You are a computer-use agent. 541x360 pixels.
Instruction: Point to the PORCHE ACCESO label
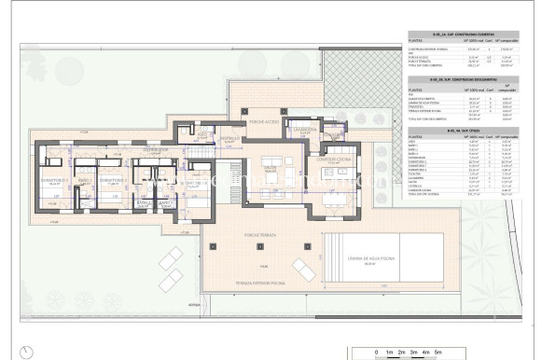coord(264,121)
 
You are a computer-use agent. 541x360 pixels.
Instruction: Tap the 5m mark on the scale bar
coord(438,352)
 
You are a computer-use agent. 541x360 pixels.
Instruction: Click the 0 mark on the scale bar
coord(374,352)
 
